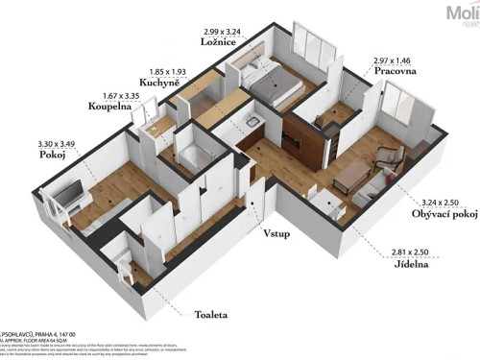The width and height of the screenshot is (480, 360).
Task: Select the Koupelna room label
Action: pos(110,108)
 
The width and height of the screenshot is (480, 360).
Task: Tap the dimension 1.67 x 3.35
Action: pos(110,96)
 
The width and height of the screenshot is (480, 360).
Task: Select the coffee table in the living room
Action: pos(354,174)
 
